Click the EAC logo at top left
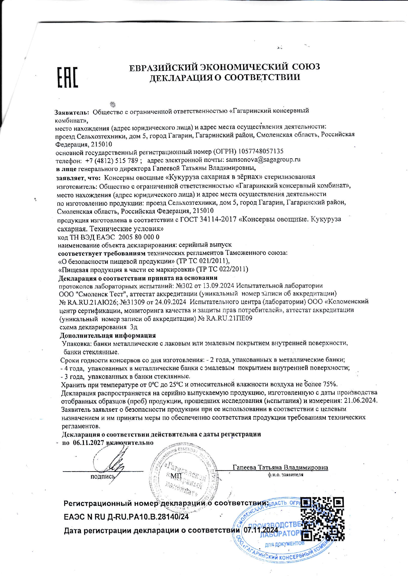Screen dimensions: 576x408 [68, 78]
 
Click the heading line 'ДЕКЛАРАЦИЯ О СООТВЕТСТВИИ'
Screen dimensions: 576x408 [225, 78]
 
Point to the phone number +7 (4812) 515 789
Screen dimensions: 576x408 [112, 161]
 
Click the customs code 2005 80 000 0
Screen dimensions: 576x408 [139, 237]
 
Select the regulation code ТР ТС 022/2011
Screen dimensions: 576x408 [222, 269]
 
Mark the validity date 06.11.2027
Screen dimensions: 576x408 [88, 442]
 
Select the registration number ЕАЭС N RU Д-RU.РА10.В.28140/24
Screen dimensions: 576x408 [126, 517]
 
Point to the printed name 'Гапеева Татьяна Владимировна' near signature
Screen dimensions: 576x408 [280, 467]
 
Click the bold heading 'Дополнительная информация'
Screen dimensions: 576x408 [108, 335]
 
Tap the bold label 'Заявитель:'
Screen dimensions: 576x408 [72, 112]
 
